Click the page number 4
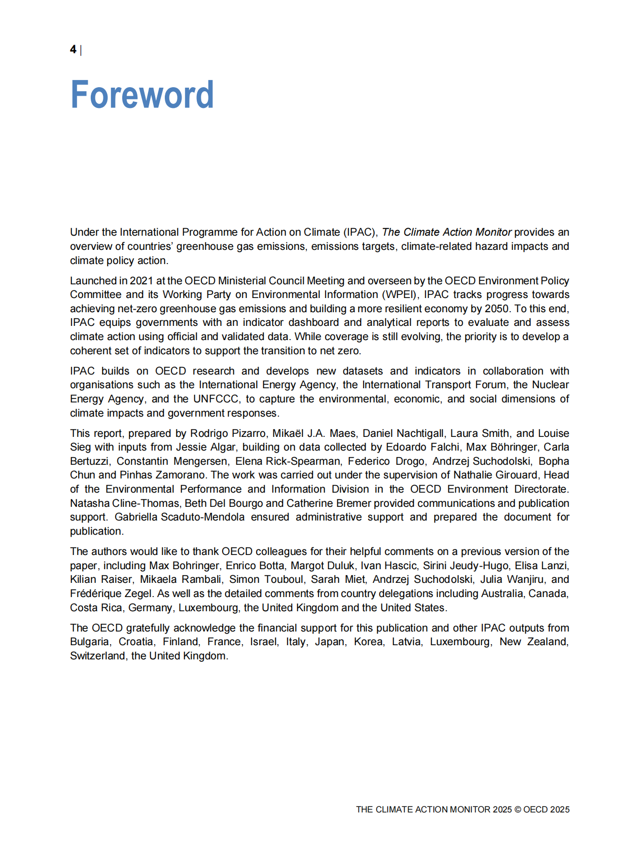click(x=73, y=50)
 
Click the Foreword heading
click(x=142, y=95)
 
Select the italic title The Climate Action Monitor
click(x=446, y=232)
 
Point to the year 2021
click(x=141, y=281)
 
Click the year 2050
click(x=496, y=309)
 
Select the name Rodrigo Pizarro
click(x=228, y=433)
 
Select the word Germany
click(x=150, y=608)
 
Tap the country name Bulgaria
click(x=89, y=642)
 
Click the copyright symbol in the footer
click(x=517, y=809)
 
